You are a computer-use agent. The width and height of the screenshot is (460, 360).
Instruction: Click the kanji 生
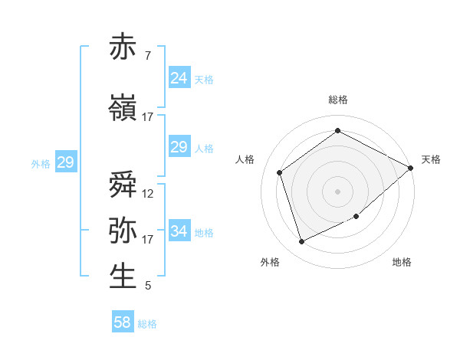coord(123,277)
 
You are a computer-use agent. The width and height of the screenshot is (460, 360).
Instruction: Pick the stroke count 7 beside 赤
coord(147,56)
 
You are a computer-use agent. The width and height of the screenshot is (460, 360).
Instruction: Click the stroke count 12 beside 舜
coord(148,194)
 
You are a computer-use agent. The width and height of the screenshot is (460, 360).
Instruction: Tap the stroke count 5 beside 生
coord(147,286)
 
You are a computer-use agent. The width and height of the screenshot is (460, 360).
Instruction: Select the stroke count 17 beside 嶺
coord(148,117)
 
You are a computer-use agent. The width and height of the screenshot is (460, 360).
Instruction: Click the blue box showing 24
coord(179,77)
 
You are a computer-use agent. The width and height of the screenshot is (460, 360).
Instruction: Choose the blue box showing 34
coord(179,231)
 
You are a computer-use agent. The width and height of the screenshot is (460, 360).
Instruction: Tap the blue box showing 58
coord(122,322)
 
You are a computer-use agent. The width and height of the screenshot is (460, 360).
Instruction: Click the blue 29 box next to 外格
coord(65,162)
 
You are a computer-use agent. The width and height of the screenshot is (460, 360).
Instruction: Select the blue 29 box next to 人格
coord(179,147)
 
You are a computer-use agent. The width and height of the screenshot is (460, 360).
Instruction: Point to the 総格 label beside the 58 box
coord(147,324)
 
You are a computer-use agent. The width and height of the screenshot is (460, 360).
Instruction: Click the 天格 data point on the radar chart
coord(411,169)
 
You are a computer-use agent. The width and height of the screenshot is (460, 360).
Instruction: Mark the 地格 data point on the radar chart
coord(356,217)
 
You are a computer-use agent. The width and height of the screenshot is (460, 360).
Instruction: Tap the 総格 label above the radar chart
coord(337,100)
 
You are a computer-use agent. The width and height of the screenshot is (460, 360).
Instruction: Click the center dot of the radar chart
coord(337,190)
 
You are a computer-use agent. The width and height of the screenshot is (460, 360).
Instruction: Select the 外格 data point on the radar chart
coord(301,242)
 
